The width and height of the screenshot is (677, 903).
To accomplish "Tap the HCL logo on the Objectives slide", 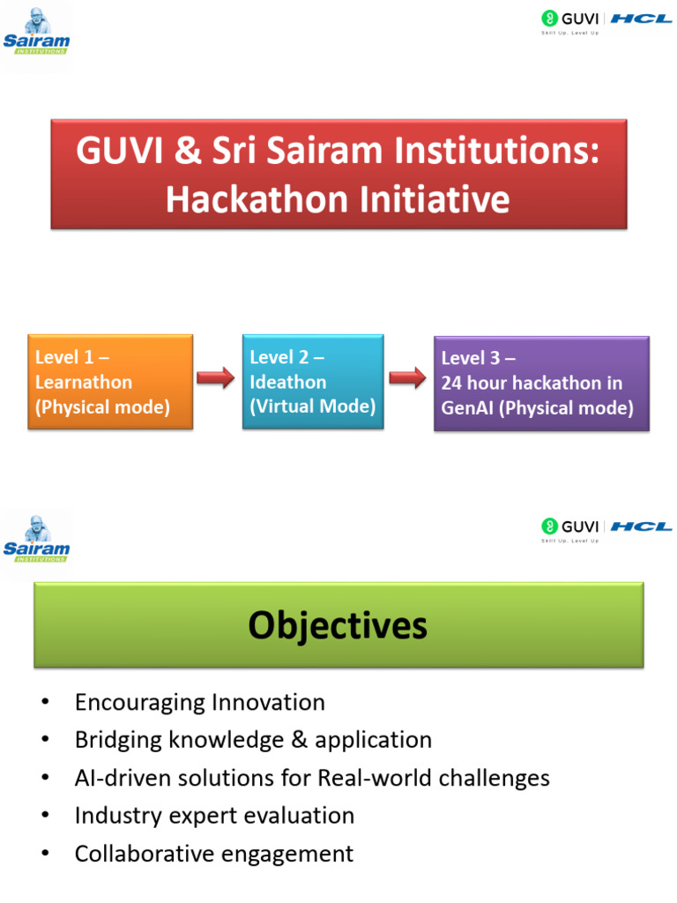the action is (x=641, y=526).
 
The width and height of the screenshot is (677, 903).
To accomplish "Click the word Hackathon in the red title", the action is (x=258, y=200).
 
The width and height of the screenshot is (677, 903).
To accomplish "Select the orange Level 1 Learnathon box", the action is (x=110, y=382).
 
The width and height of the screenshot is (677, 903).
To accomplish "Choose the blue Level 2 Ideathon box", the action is (x=313, y=381).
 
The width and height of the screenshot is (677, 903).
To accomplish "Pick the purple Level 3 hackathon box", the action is (x=541, y=384).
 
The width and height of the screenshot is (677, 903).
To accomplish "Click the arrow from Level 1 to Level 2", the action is (x=215, y=377).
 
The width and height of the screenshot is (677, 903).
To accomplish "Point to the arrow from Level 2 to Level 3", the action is (x=407, y=377).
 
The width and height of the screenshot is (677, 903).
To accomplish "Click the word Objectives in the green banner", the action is (x=338, y=625).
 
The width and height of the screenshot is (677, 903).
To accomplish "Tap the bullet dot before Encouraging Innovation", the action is (x=46, y=702).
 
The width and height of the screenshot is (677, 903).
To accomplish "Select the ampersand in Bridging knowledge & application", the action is (x=300, y=740).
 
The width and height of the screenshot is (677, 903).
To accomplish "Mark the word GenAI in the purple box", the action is (x=467, y=408).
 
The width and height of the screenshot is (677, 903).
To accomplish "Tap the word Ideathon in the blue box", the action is (x=288, y=383).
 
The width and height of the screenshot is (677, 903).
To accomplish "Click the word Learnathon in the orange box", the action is (x=84, y=383).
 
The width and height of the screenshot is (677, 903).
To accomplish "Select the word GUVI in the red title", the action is (x=120, y=151).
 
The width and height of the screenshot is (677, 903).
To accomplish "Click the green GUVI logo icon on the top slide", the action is (x=549, y=19).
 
